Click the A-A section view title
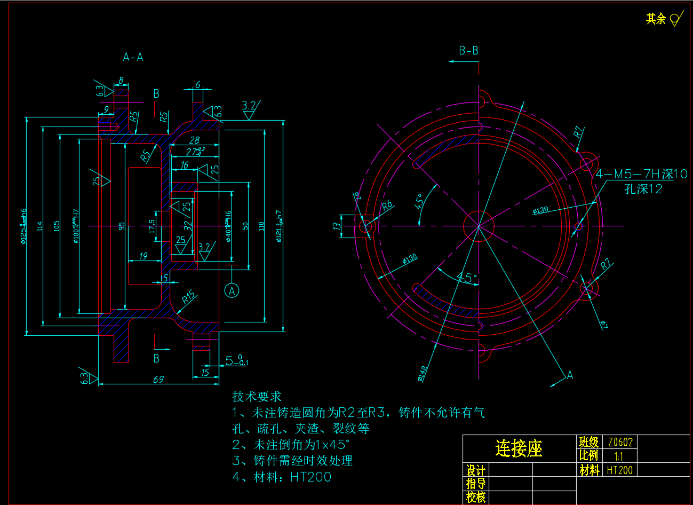(133, 57)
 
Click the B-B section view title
(468, 51)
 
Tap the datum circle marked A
(232, 290)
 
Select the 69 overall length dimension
(158, 380)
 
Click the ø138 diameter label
(540, 210)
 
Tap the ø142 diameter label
(423, 374)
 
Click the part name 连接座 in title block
(519, 448)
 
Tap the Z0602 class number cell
(620, 442)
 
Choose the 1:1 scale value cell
(618, 456)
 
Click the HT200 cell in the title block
(619, 470)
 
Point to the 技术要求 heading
(257, 397)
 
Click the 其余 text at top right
(656, 19)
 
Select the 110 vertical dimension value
(261, 225)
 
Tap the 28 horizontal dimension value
(194, 140)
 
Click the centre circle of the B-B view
(479, 226)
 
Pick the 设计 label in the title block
(475, 470)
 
